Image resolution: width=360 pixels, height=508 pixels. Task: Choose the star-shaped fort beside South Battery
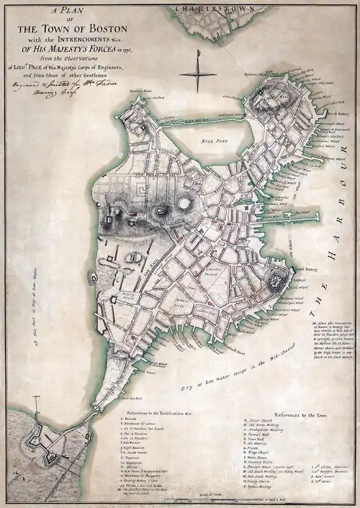click(277, 283)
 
